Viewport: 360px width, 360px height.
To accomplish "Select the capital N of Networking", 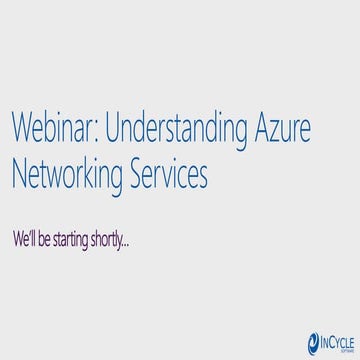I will [x=19, y=175].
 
